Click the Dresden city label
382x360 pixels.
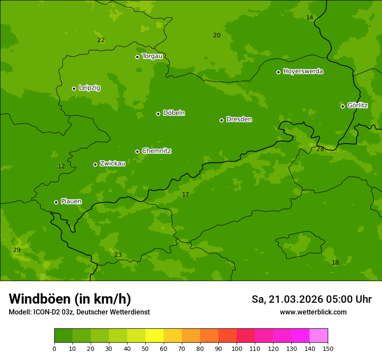(239, 119)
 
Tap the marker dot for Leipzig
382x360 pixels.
(74, 88)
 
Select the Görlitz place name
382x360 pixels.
(357, 105)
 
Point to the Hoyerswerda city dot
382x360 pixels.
(278, 72)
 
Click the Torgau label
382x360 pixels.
(152, 56)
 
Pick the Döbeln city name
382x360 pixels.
(174, 113)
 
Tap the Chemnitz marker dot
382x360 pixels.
(137, 151)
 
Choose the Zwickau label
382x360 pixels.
(112, 164)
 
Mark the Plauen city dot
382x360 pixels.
(56, 202)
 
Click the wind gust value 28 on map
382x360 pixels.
(320, 149)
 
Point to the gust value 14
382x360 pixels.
(310, 17)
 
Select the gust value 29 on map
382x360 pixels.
(16, 250)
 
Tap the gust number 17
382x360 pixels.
(185, 195)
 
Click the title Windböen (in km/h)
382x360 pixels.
(70, 299)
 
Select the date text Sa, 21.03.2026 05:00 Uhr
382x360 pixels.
(311, 299)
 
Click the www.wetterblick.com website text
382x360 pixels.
(313, 312)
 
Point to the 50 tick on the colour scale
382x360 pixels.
(145, 348)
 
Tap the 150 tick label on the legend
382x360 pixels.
(328, 348)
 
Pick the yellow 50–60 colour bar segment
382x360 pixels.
(155, 336)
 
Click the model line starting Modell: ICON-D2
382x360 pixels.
(79, 312)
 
